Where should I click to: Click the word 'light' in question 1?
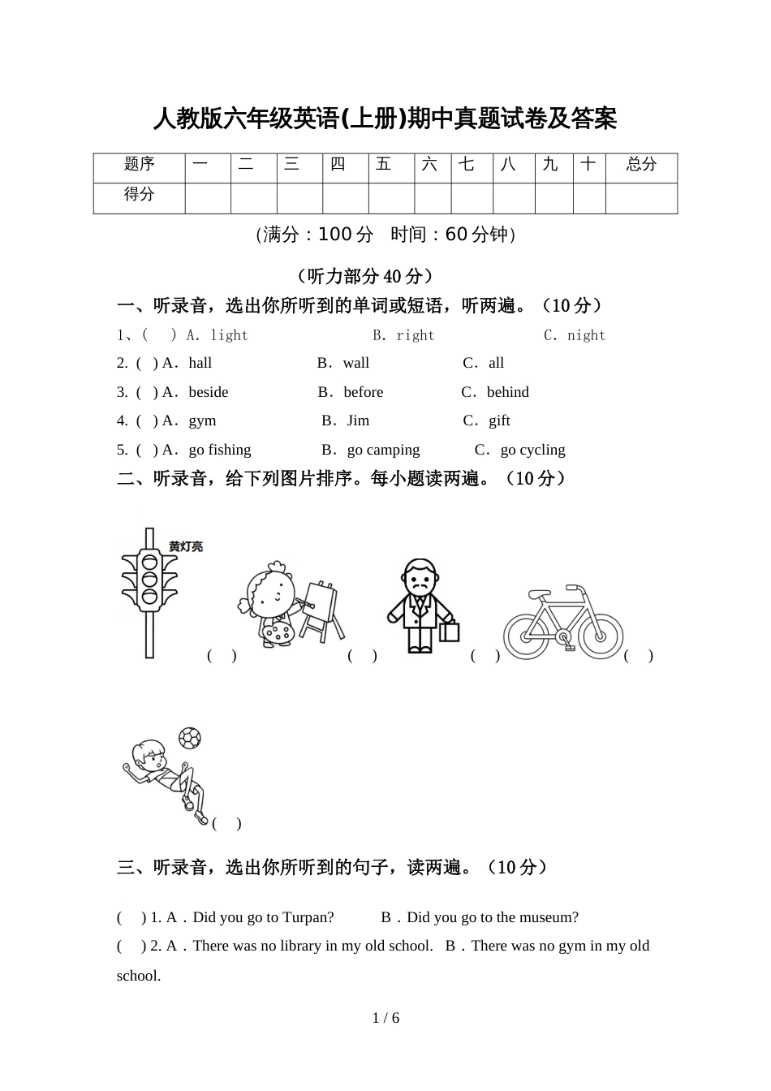(x=229, y=335)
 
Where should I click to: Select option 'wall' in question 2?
(x=355, y=363)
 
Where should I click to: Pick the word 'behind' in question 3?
(x=507, y=392)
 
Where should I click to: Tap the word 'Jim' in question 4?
(x=358, y=420)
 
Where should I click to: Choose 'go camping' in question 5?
(x=383, y=450)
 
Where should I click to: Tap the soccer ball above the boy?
(x=189, y=737)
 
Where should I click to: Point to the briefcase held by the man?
(x=449, y=631)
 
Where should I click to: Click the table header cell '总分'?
(x=641, y=165)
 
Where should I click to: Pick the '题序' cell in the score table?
(x=140, y=165)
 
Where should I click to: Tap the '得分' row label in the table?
(x=140, y=195)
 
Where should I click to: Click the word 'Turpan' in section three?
(x=308, y=917)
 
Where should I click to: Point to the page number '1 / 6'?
(x=385, y=1018)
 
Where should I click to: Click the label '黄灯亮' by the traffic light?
(x=186, y=547)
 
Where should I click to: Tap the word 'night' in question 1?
(x=586, y=335)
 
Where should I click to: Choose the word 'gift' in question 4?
(x=499, y=420)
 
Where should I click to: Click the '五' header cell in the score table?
(x=384, y=165)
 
